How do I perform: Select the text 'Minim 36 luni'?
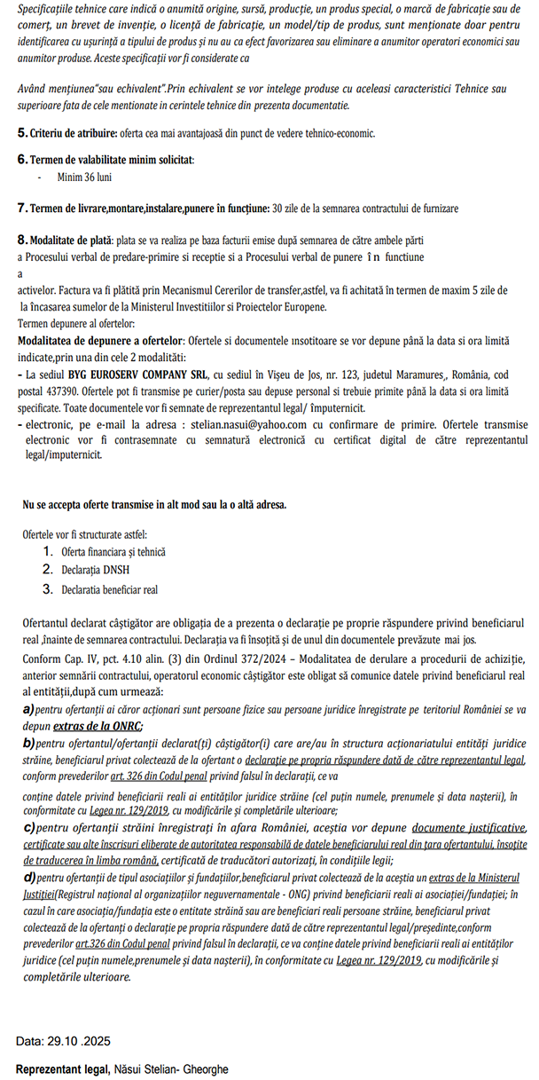point(86,177)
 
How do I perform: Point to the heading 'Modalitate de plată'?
point(70,240)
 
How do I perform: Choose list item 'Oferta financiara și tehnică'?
point(113,551)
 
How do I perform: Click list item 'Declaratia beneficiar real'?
point(109,588)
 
